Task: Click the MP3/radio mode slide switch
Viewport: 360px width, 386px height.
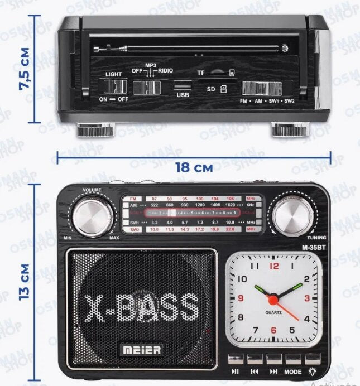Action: [148, 87]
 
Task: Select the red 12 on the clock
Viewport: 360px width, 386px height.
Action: [274, 266]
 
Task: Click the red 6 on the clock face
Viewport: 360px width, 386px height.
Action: [273, 330]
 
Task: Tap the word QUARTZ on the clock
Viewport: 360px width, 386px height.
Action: [273, 312]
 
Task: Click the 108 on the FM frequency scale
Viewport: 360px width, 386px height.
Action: [229, 199]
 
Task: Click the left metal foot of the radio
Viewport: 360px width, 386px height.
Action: [96, 130]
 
